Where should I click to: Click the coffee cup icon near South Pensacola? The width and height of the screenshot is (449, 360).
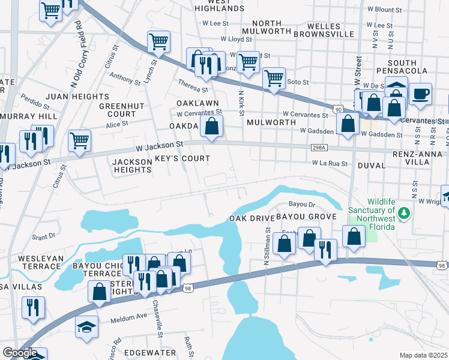421,94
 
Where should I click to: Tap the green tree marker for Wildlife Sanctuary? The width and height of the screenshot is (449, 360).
405,213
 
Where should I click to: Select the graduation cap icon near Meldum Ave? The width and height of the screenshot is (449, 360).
86,326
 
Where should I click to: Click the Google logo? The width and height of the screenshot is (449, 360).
20,353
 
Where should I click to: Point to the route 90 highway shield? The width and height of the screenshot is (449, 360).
339,110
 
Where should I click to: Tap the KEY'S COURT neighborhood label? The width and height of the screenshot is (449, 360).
182,159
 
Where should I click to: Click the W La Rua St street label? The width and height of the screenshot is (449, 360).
330,163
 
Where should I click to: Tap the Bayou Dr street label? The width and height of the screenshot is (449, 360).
302,204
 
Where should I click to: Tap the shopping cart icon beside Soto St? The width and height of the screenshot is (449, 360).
274,78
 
